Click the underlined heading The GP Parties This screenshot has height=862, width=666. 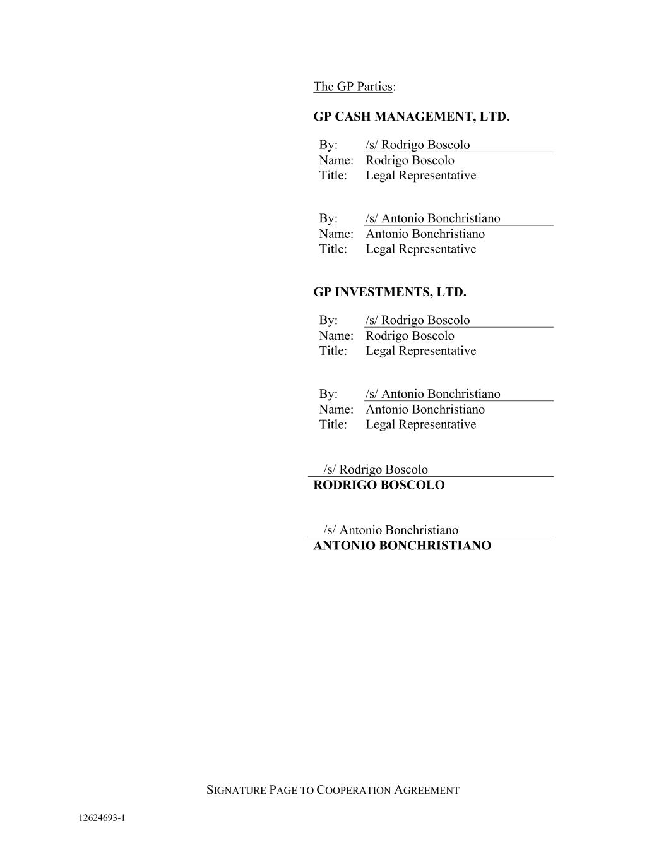(x=353, y=87)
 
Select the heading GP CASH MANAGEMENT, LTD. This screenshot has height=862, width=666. (x=411, y=117)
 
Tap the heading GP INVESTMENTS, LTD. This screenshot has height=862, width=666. (x=389, y=292)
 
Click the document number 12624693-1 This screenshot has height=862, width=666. (x=102, y=818)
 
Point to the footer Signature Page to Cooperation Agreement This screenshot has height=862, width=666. (x=333, y=790)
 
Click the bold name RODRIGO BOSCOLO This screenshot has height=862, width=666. (x=379, y=485)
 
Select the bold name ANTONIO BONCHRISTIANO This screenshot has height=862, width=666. (x=402, y=546)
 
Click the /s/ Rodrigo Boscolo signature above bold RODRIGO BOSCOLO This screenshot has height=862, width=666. (x=376, y=469)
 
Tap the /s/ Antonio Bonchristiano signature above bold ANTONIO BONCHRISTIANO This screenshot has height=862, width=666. (x=391, y=530)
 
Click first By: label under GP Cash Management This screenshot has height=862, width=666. (x=328, y=145)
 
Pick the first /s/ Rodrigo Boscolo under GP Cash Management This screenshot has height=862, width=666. (x=417, y=145)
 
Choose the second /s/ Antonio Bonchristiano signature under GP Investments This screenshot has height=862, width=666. (x=432, y=394)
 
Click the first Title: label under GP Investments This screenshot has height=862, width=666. (x=333, y=350)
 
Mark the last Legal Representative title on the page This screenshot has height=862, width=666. (x=420, y=424)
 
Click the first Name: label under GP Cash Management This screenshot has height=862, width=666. (x=336, y=160)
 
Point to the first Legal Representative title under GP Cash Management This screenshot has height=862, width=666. (x=420, y=176)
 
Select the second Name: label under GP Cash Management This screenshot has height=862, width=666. (x=336, y=234)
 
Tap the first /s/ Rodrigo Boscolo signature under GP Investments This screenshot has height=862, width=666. (x=417, y=320)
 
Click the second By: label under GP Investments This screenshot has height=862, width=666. (x=328, y=394)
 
